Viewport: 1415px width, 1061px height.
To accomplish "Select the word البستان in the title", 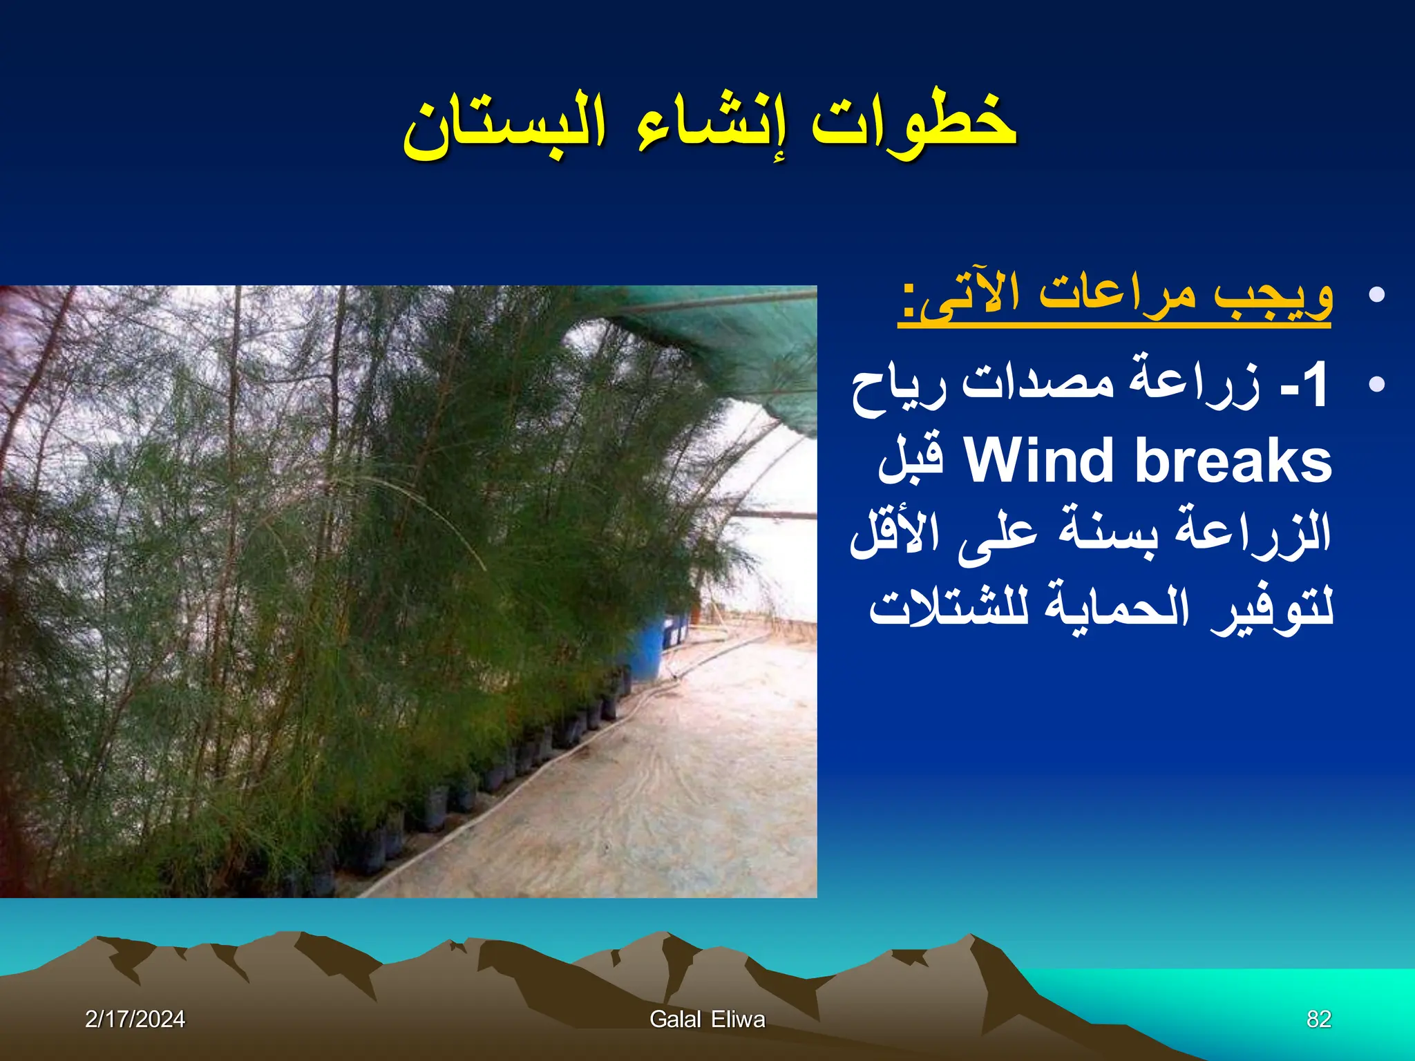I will tap(504, 128).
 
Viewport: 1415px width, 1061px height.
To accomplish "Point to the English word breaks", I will tap(1233, 461).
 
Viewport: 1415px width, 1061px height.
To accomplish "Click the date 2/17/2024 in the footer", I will tap(135, 1019).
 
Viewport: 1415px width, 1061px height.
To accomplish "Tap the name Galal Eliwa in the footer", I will tap(707, 1019).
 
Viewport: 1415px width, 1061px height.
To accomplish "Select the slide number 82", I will tap(1319, 1019).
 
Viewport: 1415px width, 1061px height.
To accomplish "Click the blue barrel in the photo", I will tap(646, 649).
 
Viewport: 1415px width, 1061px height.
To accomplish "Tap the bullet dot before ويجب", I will tap(1376, 296).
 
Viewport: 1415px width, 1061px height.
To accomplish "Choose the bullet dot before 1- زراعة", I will tap(1376, 384).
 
